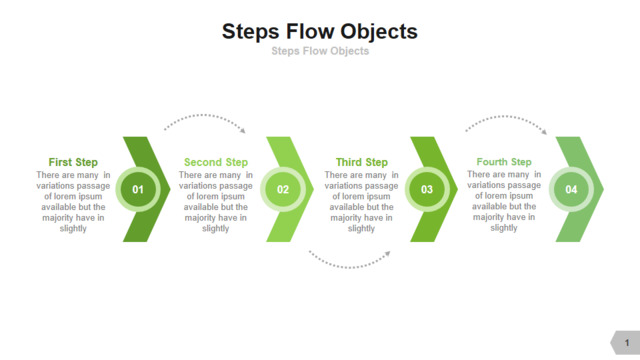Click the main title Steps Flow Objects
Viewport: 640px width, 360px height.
tap(320, 32)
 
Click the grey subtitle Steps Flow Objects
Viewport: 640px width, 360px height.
tap(320, 51)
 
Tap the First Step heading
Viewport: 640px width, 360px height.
tap(73, 162)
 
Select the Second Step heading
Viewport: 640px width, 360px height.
tap(216, 162)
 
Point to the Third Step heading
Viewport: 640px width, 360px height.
tap(362, 162)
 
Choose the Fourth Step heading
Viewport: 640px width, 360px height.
tap(504, 162)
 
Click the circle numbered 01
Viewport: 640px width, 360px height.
tap(138, 189)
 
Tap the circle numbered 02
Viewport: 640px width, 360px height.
tap(283, 189)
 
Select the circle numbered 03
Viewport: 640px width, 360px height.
tap(427, 189)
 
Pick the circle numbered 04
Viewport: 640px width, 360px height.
tap(571, 189)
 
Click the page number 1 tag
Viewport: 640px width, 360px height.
tap(625, 342)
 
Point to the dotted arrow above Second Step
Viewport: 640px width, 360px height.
tap(203, 116)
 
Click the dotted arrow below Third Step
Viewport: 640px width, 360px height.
tap(349, 267)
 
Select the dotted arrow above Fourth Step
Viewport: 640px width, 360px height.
tap(505, 117)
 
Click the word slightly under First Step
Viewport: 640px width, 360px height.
tap(73, 229)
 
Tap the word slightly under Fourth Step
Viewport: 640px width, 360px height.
tap(504, 228)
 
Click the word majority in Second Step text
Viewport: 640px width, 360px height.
tap(200, 218)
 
